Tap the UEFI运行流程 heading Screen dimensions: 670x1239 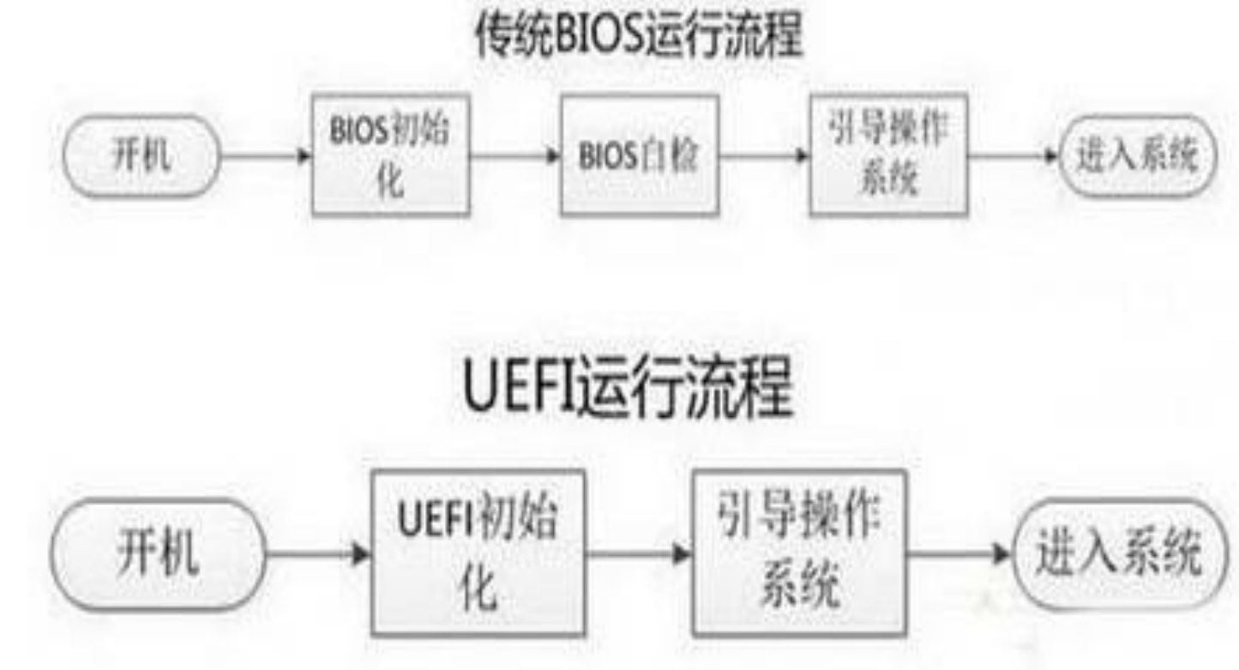pyautogui.click(x=627, y=387)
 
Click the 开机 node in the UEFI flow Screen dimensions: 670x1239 pyautogui.click(x=158, y=554)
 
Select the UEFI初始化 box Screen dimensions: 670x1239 pyautogui.click(x=478, y=553)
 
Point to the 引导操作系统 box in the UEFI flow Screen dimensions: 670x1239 pyautogui.click(x=799, y=553)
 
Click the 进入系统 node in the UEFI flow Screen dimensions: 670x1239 pyautogui.click(x=1119, y=554)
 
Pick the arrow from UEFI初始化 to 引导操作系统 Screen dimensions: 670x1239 pyautogui.click(x=638, y=554)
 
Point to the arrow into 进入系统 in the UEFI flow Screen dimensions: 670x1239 pyautogui.click(x=959, y=554)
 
